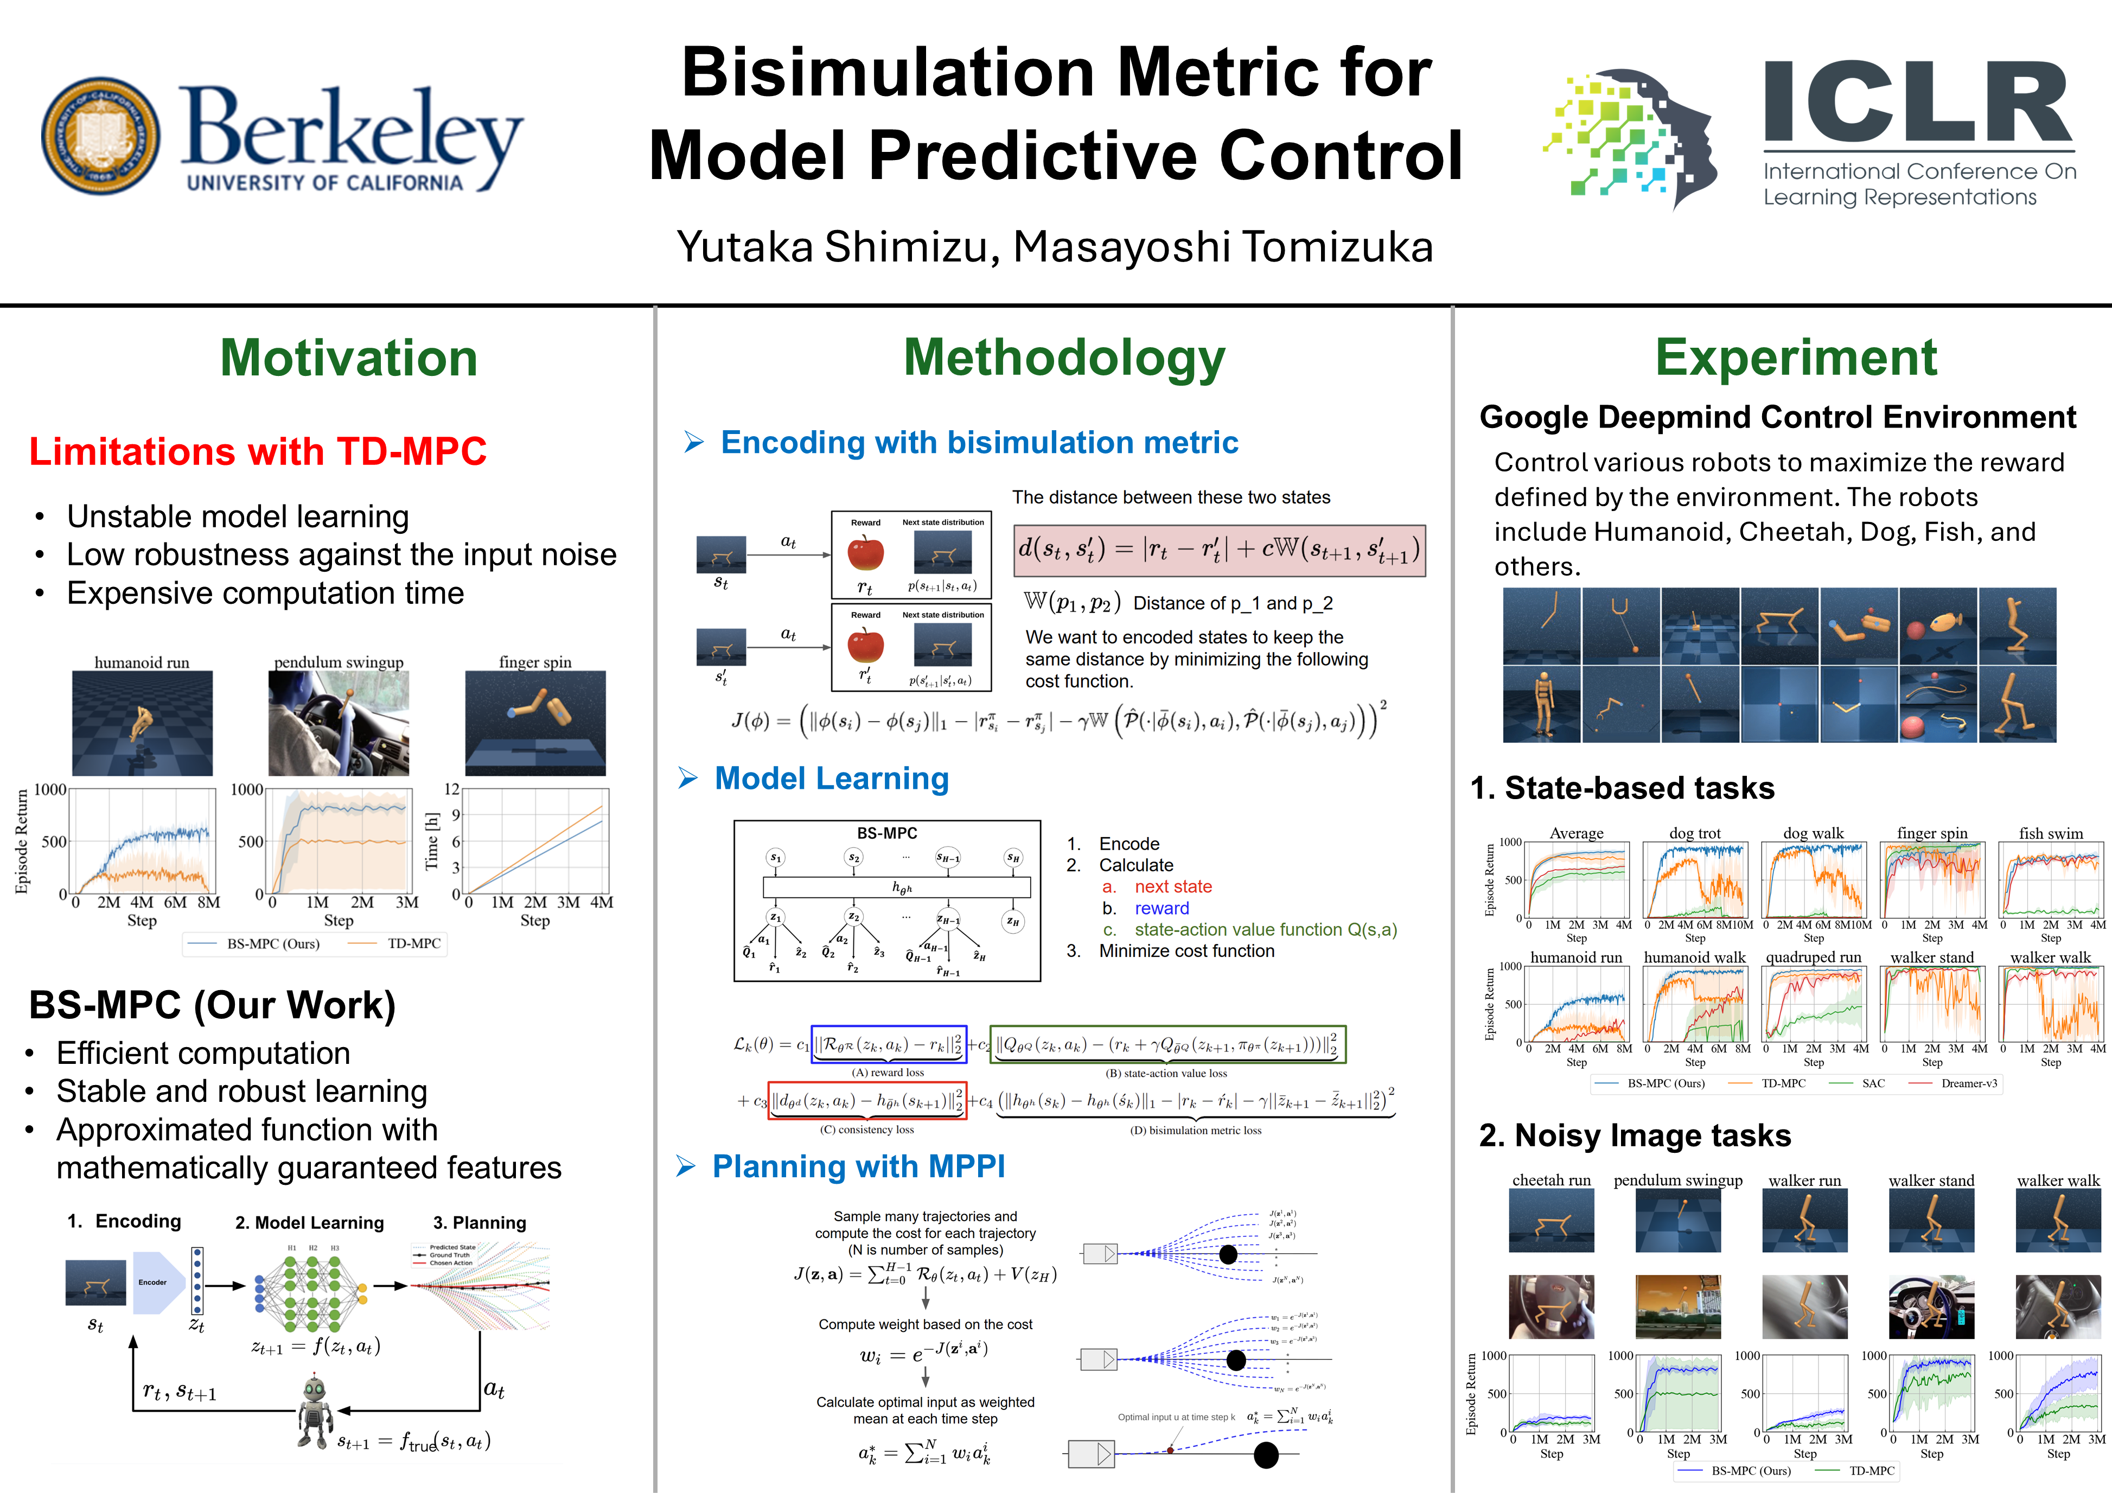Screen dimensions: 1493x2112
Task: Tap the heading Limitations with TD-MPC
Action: pos(258,452)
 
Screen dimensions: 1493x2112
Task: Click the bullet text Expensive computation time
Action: pos(265,594)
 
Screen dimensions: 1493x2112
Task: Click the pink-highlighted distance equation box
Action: pos(1219,550)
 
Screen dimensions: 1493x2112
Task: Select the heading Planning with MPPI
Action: pos(858,1166)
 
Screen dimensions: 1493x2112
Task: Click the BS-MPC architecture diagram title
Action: pos(887,833)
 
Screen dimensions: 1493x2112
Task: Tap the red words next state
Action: pos(1173,887)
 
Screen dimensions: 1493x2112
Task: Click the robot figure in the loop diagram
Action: pos(315,1412)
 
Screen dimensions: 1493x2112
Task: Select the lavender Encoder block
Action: pos(155,1283)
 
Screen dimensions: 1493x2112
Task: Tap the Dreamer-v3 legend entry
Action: pos(1968,1083)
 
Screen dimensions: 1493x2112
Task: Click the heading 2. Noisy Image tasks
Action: pos(1635,1135)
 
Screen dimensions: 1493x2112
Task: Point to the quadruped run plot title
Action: pos(1813,958)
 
